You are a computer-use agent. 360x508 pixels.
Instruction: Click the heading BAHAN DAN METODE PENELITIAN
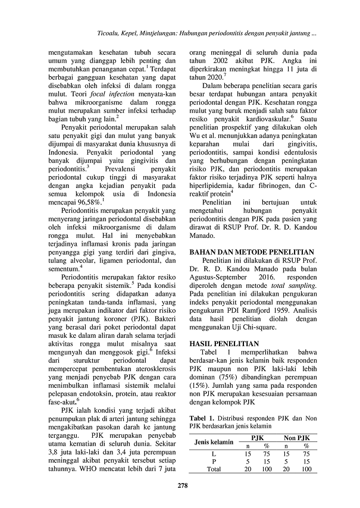pos(251,252)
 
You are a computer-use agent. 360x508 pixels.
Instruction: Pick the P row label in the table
pos(214,461)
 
